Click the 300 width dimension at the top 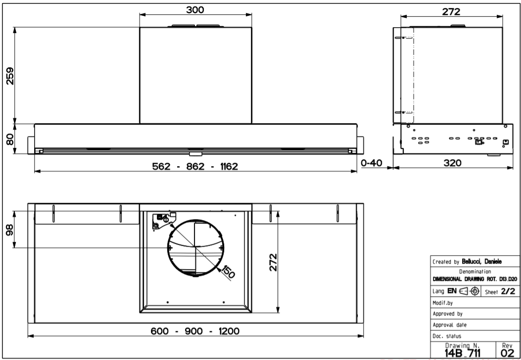click(x=195, y=10)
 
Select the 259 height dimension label click(x=10, y=76)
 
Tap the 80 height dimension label click(x=10, y=139)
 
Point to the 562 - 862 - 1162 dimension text click(x=195, y=166)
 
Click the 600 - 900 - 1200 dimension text click(x=195, y=331)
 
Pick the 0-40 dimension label click(x=372, y=163)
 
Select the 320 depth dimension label click(x=453, y=163)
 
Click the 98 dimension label click(x=10, y=229)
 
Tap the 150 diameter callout click(x=228, y=271)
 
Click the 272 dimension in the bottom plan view click(x=273, y=263)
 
